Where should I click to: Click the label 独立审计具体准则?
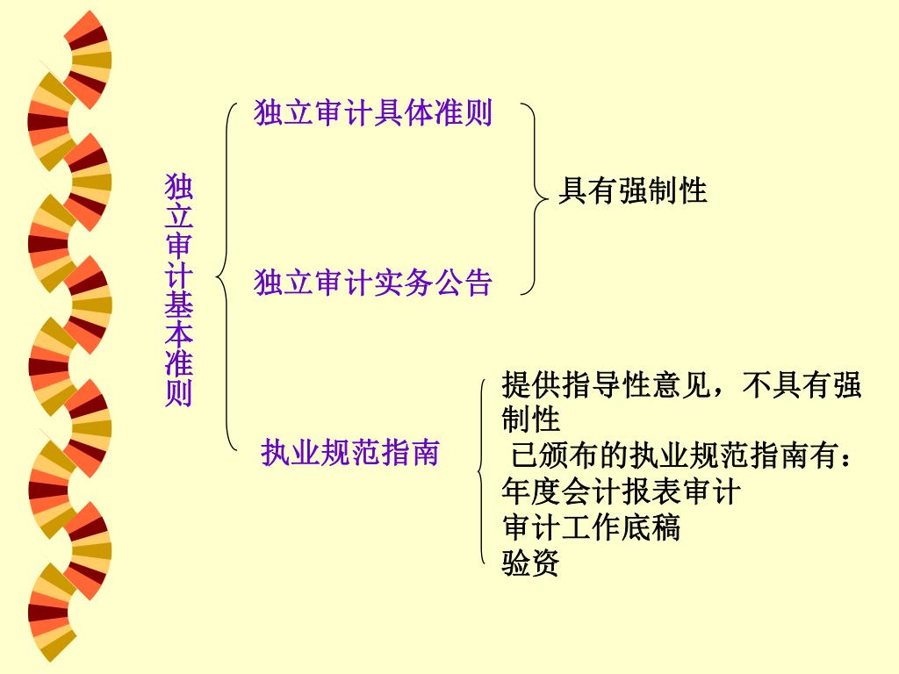373,113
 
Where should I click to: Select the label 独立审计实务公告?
373,283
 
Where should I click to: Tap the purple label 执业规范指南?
349,452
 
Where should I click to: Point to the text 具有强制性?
633,190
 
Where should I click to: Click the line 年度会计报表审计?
621,491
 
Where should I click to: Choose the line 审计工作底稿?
591,527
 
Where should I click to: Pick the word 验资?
530,563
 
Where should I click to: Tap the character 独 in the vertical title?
179,187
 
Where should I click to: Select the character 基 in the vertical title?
179,305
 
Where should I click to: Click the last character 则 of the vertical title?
179,393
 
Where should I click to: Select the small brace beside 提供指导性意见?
482,474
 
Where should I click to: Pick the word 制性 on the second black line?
530,419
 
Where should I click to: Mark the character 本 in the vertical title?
179,333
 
